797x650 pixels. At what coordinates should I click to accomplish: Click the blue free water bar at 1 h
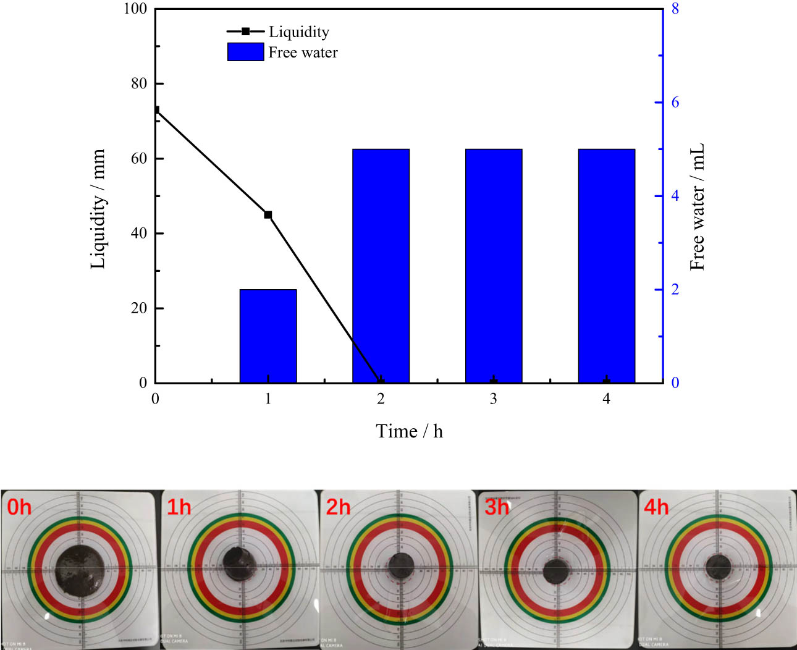coord(268,336)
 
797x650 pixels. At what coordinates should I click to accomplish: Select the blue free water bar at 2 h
coord(381,266)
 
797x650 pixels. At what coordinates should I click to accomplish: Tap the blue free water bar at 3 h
coord(494,266)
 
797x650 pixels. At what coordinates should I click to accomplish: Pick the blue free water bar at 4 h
coord(607,266)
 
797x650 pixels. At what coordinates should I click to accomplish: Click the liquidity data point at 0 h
coord(156,110)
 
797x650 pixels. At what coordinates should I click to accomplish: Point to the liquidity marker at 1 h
coord(268,214)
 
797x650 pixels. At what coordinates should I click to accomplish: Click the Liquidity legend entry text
coord(299,32)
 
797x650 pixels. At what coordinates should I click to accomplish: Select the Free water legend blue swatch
coord(245,52)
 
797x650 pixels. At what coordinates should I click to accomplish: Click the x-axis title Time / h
coord(409,431)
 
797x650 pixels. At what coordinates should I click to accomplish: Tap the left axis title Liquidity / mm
coord(98,209)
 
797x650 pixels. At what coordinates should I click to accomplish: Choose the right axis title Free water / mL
coord(697,208)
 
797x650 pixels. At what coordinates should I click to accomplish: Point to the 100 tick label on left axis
coord(135,9)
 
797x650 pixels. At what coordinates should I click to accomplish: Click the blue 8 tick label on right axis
coord(675,9)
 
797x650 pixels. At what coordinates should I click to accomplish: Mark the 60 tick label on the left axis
coord(139,158)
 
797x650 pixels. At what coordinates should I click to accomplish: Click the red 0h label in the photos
coord(19,507)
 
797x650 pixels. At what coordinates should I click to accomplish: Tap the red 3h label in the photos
coord(497,507)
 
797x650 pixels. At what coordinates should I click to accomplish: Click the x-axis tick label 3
coord(494,399)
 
